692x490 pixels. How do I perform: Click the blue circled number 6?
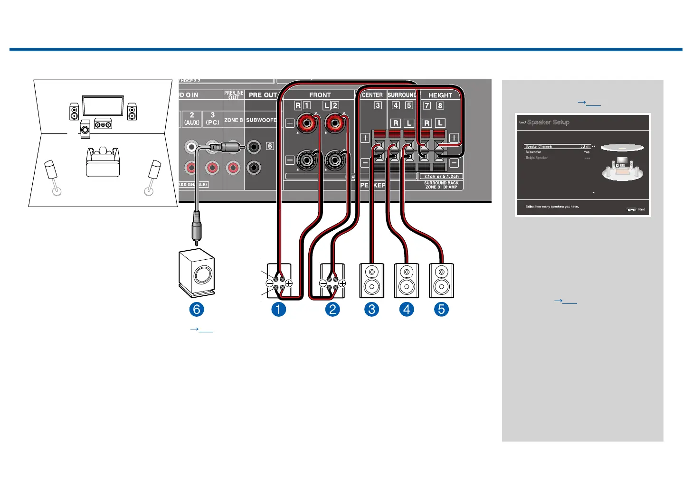pyautogui.click(x=196, y=310)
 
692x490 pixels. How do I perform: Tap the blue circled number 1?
pyautogui.click(x=278, y=310)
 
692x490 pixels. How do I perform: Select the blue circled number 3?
pyautogui.click(x=372, y=310)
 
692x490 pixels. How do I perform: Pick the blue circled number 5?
pyautogui.click(x=441, y=310)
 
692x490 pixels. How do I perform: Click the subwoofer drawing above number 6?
pyautogui.click(x=197, y=273)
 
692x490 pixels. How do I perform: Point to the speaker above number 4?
pyautogui.click(x=407, y=281)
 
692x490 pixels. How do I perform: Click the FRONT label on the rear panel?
pyautogui.click(x=320, y=95)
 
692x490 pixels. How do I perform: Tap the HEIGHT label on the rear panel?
pyautogui.click(x=440, y=95)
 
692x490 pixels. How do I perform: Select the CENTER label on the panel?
pyautogui.click(x=372, y=95)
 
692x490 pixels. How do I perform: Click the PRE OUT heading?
pyautogui.click(x=263, y=95)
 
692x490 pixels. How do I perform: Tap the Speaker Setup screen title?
pyautogui.click(x=548, y=122)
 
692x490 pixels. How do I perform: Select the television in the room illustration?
pyautogui.click(x=103, y=105)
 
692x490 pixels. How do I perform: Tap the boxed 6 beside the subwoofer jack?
pyautogui.click(x=270, y=146)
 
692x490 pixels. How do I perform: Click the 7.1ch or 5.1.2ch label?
pyautogui.click(x=441, y=177)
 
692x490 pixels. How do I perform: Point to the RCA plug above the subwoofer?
pyautogui.click(x=197, y=228)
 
